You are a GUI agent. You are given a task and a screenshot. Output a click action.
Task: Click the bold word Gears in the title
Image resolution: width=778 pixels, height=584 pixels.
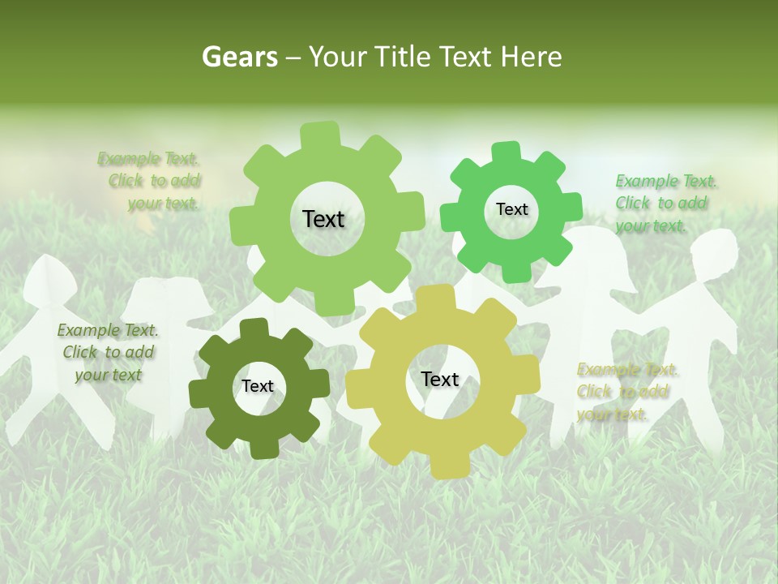[240, 57]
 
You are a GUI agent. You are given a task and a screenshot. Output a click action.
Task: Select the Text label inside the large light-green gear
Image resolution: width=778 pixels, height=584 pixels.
[323, 219]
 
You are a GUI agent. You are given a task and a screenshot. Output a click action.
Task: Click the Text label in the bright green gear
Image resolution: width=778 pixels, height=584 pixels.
[511, 209]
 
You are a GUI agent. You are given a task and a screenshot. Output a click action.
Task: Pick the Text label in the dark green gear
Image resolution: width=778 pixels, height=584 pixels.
[258, 387]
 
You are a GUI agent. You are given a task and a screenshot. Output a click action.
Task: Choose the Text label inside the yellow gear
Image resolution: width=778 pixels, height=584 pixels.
[440, 380]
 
